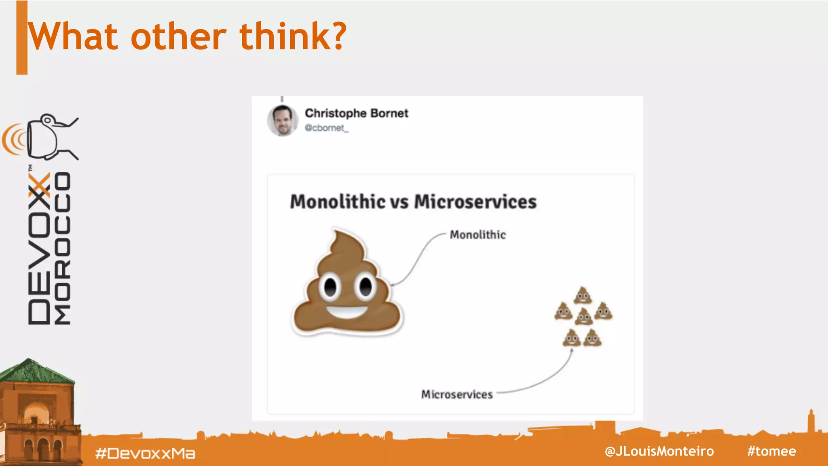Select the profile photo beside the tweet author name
(282, 121)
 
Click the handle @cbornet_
(326, 128)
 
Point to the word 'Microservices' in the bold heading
(475, 201)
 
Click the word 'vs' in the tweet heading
(399, 202)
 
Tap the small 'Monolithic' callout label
(477, 235)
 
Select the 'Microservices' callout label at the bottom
(457, 394)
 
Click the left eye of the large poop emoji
(330, 287)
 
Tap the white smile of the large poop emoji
(347, 312)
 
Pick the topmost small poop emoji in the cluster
(583, 295)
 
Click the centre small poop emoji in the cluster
(583, 316)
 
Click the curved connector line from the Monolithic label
(416, 259)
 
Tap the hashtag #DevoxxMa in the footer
(145, 453)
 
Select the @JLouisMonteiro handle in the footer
(659, 451)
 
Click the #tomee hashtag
(771, 451)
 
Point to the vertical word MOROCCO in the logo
(63, 248)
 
